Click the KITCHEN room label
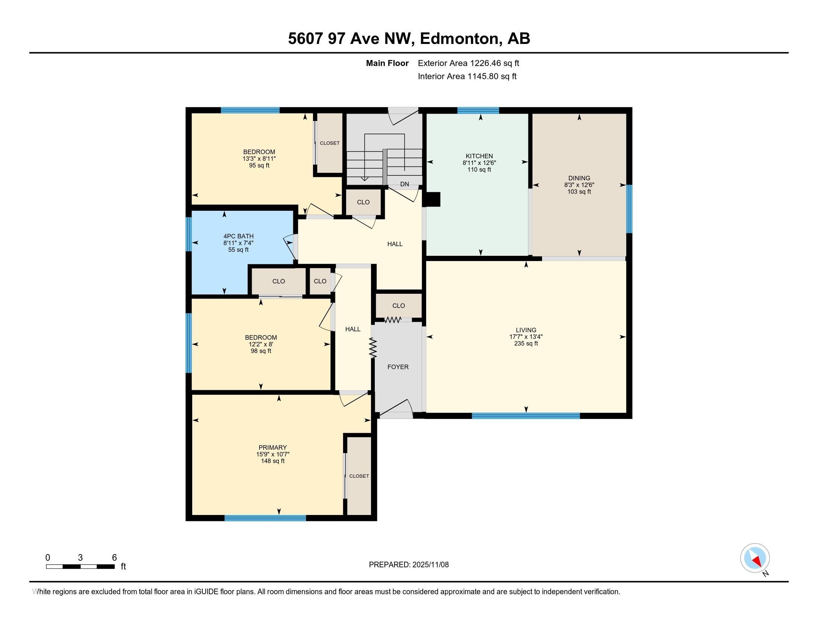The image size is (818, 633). point(479,156)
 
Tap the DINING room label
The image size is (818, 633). point(579,178)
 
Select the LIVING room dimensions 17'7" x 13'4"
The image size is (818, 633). point(526,337)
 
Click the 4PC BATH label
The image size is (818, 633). point(238,236)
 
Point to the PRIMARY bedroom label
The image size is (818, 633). point(273,447)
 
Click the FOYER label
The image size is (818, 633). point(398,367)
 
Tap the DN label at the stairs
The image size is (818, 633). point(405,184)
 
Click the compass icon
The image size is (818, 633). point(755,558)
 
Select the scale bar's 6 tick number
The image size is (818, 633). point(114,558)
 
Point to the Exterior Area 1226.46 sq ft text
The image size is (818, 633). point(468,63)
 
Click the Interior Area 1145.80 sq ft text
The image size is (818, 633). point(467,76)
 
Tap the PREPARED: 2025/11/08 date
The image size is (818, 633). point(409,564)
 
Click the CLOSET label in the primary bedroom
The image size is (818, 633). point(359,476)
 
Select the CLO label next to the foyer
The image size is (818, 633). point(399,306)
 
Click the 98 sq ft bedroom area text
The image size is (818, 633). point(261,351)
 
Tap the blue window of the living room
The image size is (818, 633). point(525,416)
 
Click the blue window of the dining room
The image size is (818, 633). point(629,209)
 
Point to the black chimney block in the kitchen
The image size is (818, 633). point(433,200)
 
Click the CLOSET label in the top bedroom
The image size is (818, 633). point(329,143)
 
